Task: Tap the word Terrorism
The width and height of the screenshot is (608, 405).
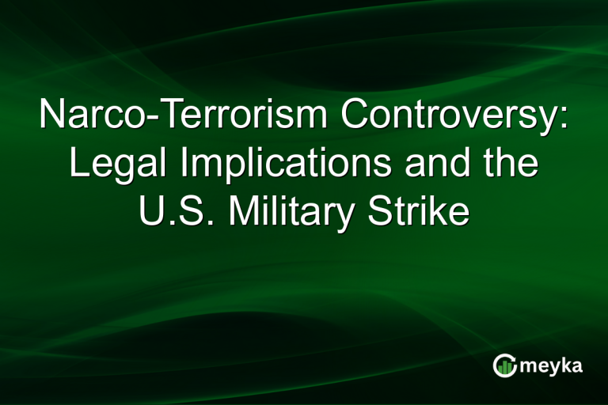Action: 230,116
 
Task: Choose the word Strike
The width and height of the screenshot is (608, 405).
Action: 421,213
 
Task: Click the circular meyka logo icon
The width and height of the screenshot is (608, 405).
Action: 504,365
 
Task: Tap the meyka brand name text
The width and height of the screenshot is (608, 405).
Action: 552,365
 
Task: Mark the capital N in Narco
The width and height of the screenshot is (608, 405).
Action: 51,116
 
